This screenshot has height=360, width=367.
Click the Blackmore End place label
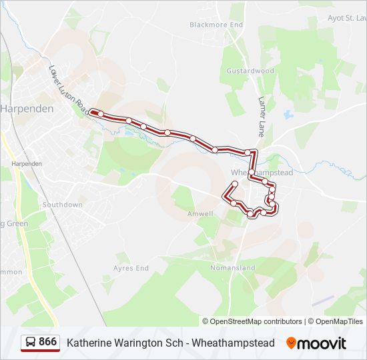(216, 25)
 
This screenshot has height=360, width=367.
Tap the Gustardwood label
(250, 71)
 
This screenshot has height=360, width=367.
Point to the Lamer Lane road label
(262, 117)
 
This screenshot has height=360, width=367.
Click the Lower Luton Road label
(68, 87)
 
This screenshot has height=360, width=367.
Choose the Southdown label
(62, 205)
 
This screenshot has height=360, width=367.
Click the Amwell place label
(200, 214)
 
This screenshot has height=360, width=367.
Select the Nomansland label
(233, 268)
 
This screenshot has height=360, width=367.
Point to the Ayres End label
(131, 268)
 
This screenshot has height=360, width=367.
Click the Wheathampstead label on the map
(262, 172)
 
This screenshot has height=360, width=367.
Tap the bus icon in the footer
(31, 343)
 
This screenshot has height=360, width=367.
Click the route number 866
(48, 342)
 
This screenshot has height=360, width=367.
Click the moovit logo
(316, 343)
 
